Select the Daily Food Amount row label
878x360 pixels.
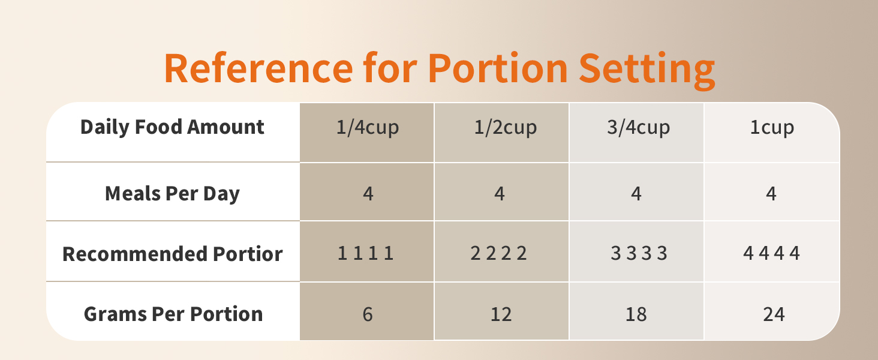(172, 127)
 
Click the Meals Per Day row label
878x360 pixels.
(172, 194)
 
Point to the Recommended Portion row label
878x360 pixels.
(172, 254)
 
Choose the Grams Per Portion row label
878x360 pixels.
(173, 314)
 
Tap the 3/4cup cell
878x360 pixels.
(637, 128)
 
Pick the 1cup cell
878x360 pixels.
(772, 128)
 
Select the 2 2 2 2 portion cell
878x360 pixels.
(498, 254)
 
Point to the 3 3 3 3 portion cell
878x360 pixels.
(639, 254)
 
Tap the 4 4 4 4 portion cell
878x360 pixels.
(771, 254)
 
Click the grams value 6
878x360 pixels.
(368, 314)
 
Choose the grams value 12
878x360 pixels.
(501, 314)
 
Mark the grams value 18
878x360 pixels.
(636, 314)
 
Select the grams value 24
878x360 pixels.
(774, 314)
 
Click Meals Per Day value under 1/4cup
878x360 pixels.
(368, 194)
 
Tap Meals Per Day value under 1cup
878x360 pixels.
(771, 194)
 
